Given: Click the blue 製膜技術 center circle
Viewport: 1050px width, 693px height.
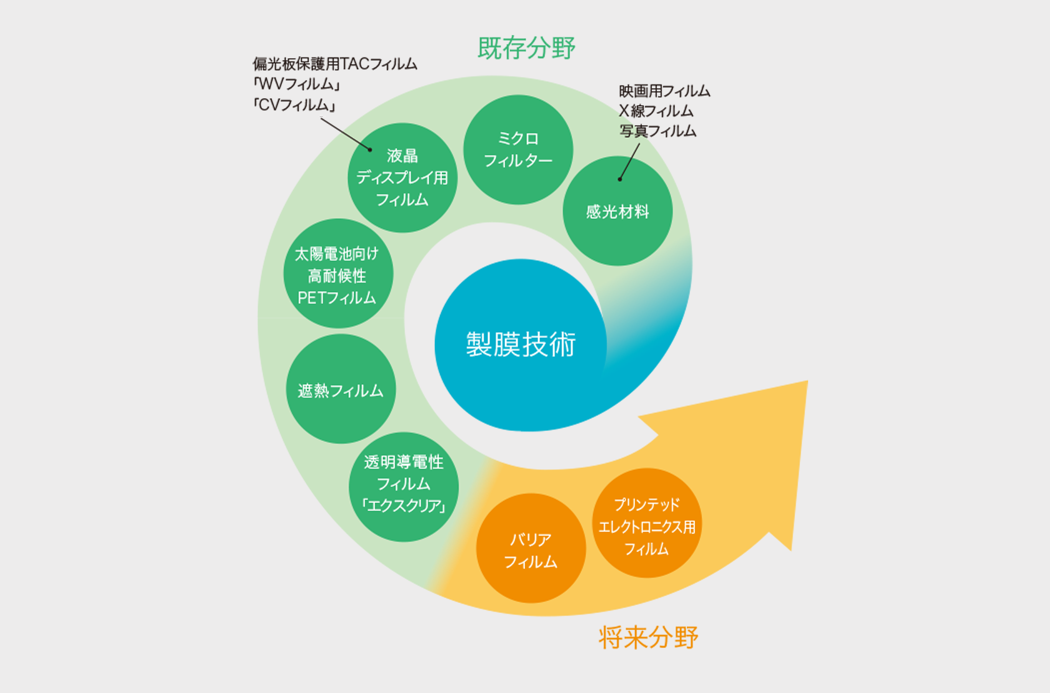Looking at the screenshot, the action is click(x=521, y=345).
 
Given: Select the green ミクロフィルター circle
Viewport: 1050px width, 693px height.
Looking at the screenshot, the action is click(x=518, y=149).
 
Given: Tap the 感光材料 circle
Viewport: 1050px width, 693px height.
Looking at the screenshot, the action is click(x=617, y=211).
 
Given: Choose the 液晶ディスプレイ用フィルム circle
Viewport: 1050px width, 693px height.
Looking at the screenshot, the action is click(x=402, y=178).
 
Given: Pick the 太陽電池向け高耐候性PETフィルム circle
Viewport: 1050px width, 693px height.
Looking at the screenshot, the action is click(x=338, y=273).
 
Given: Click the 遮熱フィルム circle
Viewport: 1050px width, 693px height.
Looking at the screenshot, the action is click(x=341, y=389).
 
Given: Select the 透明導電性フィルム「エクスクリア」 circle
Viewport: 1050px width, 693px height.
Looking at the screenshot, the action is click(x=404, y=487).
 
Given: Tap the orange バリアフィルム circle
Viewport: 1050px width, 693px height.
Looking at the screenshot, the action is click(x=531, y=548).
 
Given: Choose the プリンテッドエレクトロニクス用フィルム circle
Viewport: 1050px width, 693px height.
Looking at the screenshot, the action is click(x=647, y=523).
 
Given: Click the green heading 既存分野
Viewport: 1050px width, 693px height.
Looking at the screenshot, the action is click(x=526, y=48).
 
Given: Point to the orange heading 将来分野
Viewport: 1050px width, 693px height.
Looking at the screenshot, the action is click(x=648, y=637).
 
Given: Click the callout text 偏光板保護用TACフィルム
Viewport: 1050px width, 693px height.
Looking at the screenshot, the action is click(x=335, y=64).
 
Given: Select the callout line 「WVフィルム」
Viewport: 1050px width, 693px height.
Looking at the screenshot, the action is click(x=296, y=84).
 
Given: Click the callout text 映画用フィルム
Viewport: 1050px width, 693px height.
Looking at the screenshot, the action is click(x=664, y=91).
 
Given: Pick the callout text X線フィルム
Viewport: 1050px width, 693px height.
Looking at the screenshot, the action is click(x=656, y=111).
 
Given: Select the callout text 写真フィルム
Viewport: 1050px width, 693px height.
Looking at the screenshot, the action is click(x=657, y=131).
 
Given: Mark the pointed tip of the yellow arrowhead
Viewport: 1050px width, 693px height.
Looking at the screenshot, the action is click(x=807, y=381).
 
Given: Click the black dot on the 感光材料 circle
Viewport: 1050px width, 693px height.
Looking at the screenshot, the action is click(x=620, y=180).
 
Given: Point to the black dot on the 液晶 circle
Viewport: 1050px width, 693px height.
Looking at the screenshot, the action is click(x=370, y=149).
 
